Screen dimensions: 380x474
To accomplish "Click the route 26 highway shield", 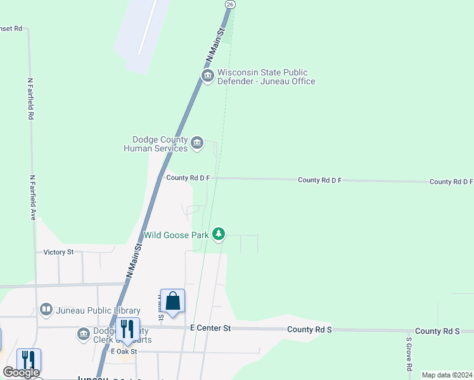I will [231, 4].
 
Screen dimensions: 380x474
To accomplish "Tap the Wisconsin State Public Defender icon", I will [207, 77].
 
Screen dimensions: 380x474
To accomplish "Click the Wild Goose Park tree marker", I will [219, 235].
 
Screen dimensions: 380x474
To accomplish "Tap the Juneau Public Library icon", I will [46, 310].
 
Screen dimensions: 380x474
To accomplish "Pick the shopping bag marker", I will [172, 301].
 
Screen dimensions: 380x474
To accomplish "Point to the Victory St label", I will [58, 252].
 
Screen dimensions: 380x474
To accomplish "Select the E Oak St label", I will [124, 351].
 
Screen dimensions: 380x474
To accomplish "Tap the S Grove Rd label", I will [409, 354].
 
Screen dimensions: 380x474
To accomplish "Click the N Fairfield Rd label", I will [30, 99].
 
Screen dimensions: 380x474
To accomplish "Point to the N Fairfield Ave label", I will [32, 198].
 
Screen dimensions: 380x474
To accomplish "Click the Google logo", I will [21, 372].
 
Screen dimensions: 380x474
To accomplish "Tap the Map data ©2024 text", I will [447, 375].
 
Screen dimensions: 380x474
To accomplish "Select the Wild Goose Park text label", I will [176, 235].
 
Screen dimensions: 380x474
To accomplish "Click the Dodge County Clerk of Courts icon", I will [84, 334].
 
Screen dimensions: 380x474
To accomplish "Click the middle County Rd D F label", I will [320, 180].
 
